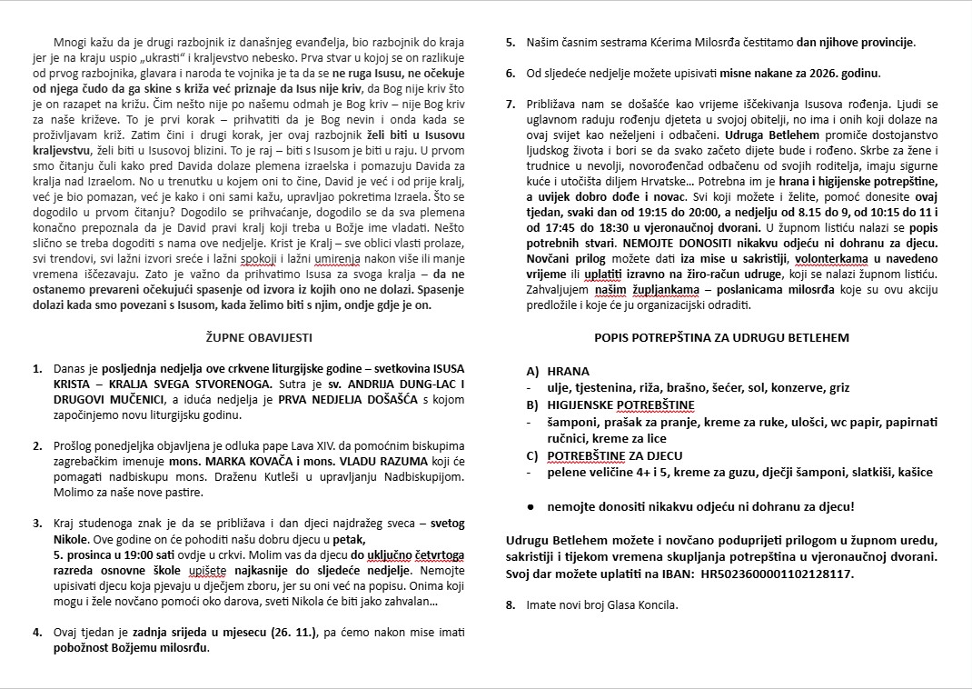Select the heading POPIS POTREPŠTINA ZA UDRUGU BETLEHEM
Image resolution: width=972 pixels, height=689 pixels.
tap(721, 337)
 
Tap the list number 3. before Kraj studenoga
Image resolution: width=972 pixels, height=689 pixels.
tap(36, 524)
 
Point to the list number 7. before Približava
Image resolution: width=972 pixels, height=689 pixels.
tap(511, 105)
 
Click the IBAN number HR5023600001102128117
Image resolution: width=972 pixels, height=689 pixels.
tap(779, 574)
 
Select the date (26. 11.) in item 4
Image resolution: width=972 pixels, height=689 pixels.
tap(287, 633)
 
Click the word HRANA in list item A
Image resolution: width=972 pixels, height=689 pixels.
tap(568, 371)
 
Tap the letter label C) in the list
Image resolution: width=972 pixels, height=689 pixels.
tap(532, 455)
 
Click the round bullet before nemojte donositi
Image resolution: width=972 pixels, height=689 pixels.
tap(530, 505)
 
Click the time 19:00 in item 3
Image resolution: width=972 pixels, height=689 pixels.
tap(132, 554)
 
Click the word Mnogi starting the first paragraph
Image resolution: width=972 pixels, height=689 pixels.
tap(71, 42)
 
